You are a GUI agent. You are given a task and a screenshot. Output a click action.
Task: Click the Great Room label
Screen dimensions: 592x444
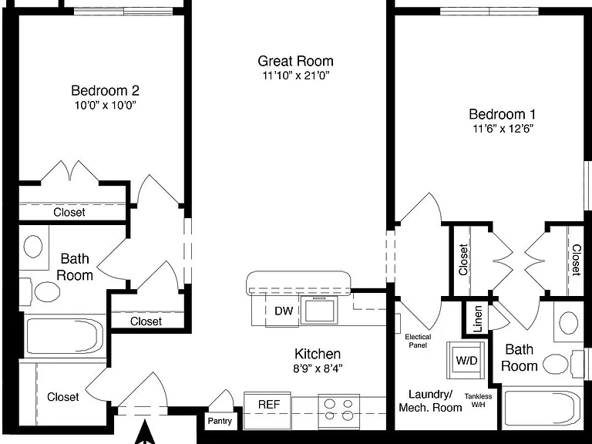296,61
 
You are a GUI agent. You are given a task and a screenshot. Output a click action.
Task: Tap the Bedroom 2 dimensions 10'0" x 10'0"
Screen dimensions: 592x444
106,105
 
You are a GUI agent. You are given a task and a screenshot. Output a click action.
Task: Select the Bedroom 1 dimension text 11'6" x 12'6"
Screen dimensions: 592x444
503,129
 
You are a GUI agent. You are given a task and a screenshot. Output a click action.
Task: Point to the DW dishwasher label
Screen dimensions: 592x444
284,311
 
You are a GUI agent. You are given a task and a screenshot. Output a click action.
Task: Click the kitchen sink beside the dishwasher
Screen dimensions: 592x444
320,311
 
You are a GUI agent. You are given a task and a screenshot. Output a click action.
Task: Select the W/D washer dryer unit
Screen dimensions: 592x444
466,360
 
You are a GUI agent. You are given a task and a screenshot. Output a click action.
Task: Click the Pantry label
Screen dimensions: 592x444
220,421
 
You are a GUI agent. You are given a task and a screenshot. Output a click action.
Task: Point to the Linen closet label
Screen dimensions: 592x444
478,318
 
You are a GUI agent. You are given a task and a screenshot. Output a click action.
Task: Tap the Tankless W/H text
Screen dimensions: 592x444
479,400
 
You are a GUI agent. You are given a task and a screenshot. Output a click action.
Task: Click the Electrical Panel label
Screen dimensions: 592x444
418,341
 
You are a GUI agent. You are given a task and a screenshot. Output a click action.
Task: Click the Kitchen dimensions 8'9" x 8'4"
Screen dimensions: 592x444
318,368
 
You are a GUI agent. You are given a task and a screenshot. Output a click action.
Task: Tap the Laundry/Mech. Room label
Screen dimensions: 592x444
430,401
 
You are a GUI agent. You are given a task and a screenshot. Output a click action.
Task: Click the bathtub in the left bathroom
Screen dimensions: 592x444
65,336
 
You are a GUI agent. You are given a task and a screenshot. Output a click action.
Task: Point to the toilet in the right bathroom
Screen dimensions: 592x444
563,364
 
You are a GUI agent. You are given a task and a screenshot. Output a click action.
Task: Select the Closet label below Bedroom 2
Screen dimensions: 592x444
69,212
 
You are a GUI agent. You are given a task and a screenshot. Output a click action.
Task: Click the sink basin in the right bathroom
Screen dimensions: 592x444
568,323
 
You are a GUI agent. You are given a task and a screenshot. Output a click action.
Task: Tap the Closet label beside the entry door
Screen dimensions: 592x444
63,397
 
